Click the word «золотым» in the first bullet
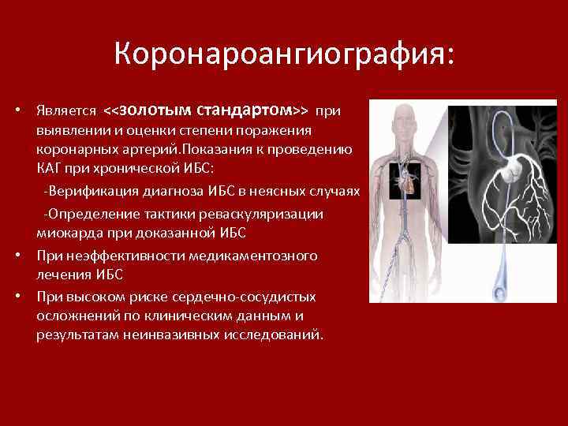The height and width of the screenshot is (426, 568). pos(154,109)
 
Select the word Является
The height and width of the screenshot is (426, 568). pos(66,110)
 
